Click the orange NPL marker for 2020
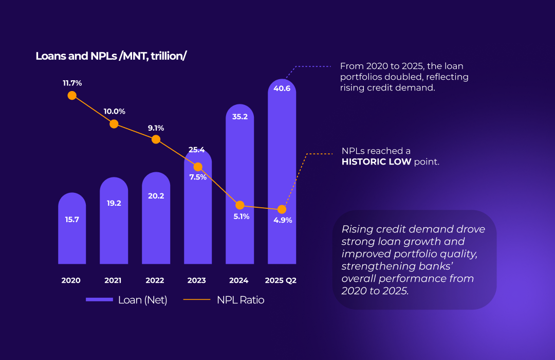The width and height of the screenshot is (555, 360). tap(72, 95)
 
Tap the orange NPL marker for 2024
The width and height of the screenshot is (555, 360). tap(240, 205)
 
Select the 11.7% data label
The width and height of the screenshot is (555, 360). tap(72, 82)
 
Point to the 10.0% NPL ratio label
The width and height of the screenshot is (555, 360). tap(115, 111)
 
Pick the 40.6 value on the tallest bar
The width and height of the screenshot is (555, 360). tap(282, 88)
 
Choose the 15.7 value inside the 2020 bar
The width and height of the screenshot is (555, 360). tap(72, 220)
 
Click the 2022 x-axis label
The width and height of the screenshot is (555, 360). tap(155, 280)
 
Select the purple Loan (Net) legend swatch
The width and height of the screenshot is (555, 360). tap(99, 300)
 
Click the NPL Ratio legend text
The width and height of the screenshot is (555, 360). tap(240, 300)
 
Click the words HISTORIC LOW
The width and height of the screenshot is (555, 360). tap(377, 162)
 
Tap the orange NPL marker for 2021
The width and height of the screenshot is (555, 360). tap(114, 124)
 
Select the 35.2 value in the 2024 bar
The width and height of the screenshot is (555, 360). tap(240, 117)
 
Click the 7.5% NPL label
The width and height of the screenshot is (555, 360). tap(198, 177)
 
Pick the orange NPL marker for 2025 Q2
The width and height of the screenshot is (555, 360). tap(282, 209)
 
